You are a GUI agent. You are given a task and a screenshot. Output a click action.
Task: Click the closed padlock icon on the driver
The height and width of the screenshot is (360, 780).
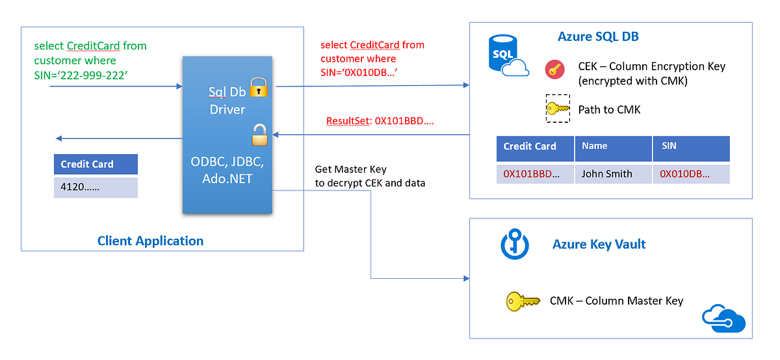(258, 88)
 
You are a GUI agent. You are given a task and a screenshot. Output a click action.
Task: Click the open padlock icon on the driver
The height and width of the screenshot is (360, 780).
(259, 135)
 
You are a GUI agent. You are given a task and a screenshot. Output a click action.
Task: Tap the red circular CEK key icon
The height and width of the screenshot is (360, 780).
(554, 70)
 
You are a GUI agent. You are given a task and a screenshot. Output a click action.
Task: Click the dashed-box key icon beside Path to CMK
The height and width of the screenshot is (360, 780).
(558, 109)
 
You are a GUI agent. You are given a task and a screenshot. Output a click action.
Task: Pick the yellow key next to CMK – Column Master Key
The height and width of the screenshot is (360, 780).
(523, 301)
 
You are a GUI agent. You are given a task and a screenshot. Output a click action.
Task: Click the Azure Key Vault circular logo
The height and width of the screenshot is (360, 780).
(513, 244)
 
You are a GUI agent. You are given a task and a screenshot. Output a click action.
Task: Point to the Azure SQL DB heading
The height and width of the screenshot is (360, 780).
(598, 36)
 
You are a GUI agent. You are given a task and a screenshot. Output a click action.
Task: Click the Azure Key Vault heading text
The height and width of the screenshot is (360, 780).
(599, 244)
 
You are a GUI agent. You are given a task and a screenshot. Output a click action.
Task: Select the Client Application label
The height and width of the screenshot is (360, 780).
(150, 241)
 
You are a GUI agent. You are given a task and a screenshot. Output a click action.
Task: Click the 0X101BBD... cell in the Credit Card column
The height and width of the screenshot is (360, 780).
(535, 174)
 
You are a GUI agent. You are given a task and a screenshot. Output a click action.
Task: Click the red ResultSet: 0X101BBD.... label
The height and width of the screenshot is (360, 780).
(380, 122)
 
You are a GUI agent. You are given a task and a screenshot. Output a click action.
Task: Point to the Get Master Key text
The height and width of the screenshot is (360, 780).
(351, 169)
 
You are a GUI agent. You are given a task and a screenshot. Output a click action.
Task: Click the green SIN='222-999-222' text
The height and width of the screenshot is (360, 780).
(80, 75)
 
